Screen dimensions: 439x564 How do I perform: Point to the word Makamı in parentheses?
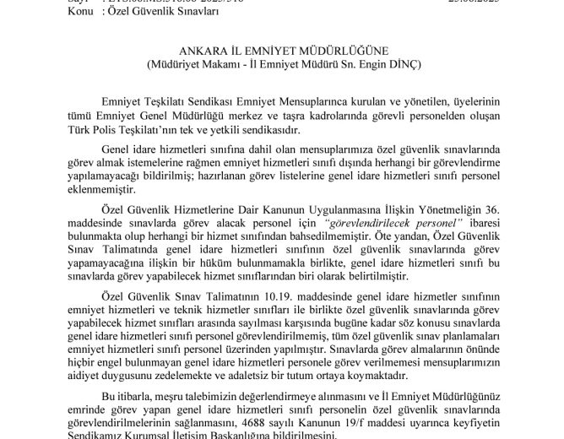tap(222, 63)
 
